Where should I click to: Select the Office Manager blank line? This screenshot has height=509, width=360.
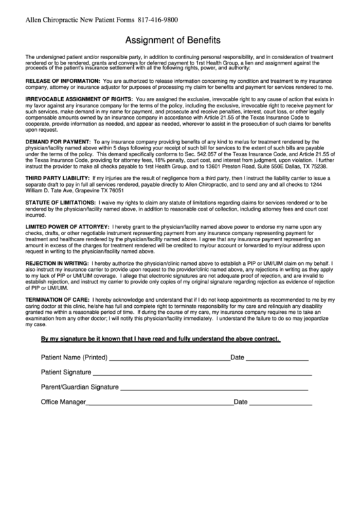pos(160,403)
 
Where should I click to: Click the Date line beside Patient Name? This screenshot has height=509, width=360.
pos(276,358)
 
